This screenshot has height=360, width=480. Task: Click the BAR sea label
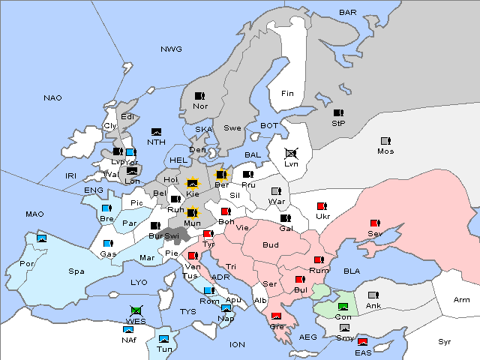[347, 12]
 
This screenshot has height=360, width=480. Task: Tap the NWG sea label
[171, 49]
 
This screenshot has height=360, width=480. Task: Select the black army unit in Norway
[200, 96]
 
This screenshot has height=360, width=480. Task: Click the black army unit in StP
[338, 112]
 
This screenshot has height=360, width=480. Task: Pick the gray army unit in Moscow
[385, 141]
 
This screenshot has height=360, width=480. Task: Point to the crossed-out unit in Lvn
[291, 153]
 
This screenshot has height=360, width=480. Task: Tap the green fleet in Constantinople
[343, 307]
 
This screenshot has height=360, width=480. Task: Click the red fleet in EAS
[363, 343]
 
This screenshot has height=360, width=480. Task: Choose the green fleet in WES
[136, 310]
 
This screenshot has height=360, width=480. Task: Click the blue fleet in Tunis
[163, 339]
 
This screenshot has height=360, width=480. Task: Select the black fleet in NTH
[157, 132]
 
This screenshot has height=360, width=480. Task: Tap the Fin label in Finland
[287, 94]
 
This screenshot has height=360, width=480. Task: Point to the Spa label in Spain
[76, 271]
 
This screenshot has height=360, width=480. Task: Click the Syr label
[445, 341]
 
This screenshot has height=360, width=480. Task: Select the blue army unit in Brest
[106, 208]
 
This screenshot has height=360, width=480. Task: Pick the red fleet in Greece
[277, 316]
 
